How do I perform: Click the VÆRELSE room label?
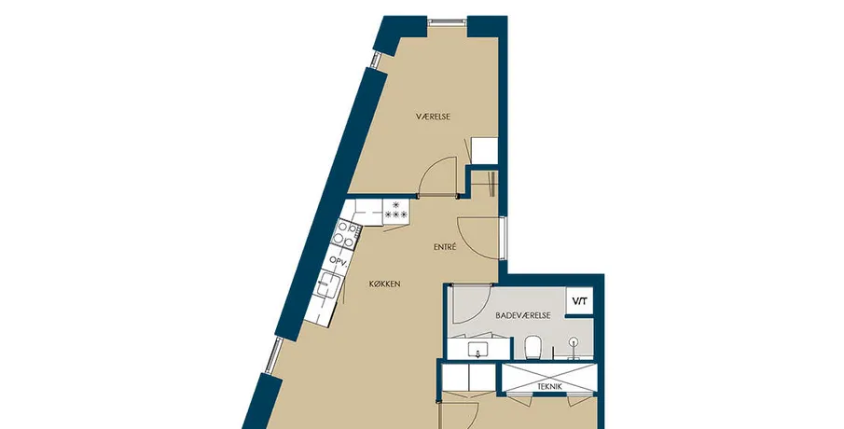(x=433, y=117)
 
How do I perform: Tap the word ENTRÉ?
(x=445, y=247)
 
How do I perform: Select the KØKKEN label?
(x=385, y=284)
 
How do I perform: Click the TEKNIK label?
(x=549, y=386)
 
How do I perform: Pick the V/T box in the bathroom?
(x=579, y=301)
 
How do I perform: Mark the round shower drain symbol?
(x=574, y=340)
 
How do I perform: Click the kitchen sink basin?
(x=327, y=284)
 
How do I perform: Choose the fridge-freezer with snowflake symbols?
(x=396, y=210)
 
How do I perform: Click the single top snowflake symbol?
(x=396, y=204)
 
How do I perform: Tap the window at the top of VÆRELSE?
(x=446, y=21)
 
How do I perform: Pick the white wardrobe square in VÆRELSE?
(x=484, y=149)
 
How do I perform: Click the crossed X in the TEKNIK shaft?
(x=549, y=378)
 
